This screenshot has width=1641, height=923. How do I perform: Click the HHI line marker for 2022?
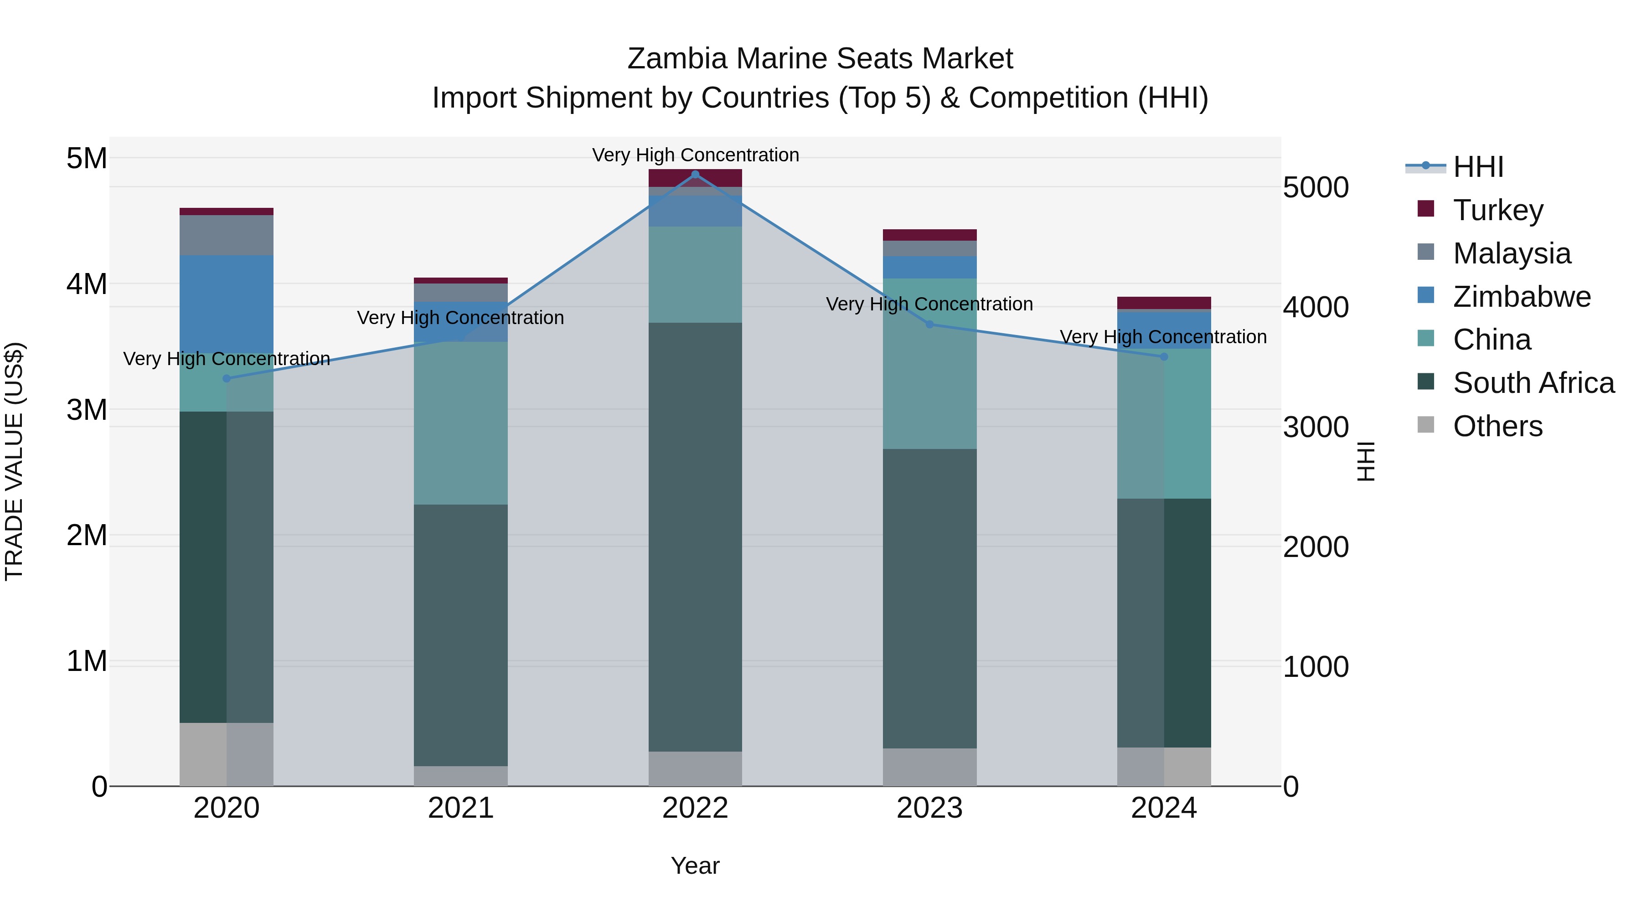(x=695, y=174)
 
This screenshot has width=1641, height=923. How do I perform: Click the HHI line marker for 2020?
(x=227, y=378)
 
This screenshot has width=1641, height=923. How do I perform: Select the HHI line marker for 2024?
(x=1164, y=357)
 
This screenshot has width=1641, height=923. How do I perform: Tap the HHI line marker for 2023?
(x=929, y=324)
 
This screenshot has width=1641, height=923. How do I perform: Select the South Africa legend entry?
(x=1533, y=383)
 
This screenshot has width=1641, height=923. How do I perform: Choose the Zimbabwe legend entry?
(x=1521, y=297)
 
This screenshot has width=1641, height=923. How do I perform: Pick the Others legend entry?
(x=1497, y=426)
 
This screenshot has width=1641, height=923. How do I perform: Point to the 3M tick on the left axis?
(x=87, y=410)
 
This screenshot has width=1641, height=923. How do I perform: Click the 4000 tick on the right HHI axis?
(x=1316, y=307)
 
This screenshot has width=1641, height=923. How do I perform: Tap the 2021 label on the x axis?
(x=460, y=808)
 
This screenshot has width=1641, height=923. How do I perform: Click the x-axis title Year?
(x=695, y=866)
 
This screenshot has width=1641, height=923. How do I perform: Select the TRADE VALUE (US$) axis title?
(x=14, y=461)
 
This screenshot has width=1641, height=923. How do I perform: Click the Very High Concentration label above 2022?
(x=695, y=155)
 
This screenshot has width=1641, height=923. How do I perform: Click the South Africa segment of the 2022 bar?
(x=695, y=536)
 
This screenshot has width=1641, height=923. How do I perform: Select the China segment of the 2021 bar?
(x=460, y=423)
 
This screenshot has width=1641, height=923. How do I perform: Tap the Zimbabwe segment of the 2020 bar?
(x=227, y=304)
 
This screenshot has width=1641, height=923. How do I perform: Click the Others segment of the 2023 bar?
(x=929, y=767)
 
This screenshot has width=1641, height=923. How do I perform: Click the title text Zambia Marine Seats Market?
(x=820, y=59)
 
